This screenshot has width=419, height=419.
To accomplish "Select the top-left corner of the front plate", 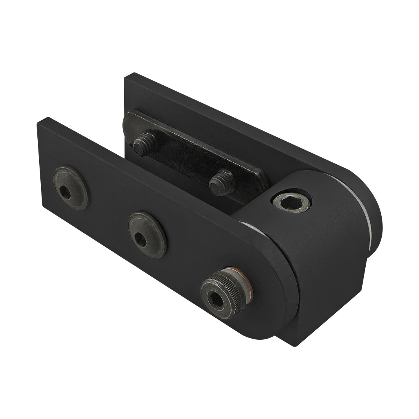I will point(39,121).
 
